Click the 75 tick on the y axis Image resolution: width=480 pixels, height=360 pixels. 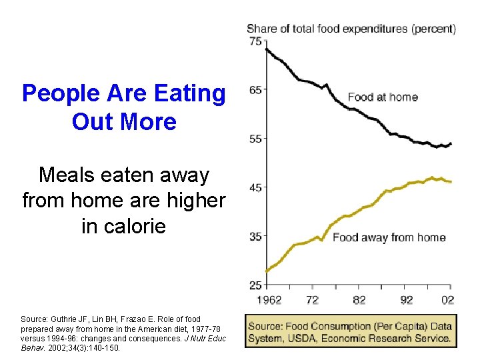point(255,41)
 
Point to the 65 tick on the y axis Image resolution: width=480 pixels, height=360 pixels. point(255,90)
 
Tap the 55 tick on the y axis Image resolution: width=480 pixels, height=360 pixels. point(255,139)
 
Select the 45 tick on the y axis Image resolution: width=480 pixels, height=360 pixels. point(255,187)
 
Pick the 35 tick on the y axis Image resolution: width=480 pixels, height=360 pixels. point(255,237)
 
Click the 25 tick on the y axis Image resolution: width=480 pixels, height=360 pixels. point(255,285)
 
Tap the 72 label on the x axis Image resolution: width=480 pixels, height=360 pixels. point(313,300)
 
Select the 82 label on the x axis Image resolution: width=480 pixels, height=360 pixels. point(359,300)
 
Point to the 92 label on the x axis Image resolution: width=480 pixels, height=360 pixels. point(406,300)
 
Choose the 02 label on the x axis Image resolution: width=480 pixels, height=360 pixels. point(448,300)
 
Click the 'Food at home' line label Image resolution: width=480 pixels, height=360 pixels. point(383,97)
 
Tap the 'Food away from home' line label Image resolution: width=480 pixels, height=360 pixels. point(389,237)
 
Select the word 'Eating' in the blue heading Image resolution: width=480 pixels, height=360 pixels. point(189,93)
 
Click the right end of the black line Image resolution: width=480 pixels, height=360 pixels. point(451,143)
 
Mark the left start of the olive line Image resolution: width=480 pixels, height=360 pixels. point(267,271)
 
